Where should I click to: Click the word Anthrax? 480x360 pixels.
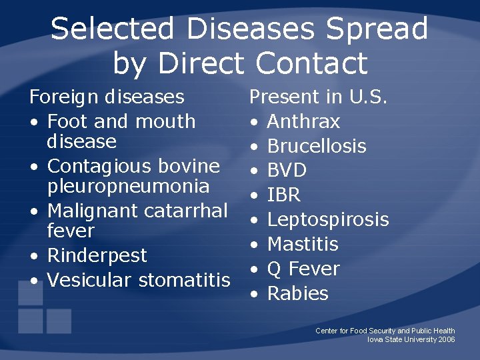[303, 122]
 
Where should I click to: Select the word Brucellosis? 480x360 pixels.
[317, 147]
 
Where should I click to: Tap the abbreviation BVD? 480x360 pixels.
[287, 171]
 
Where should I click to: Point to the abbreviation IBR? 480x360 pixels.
[284, 196]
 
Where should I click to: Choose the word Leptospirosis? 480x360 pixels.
[328, 220]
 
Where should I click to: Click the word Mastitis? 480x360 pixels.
[303, 245]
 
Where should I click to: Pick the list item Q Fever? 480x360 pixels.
[303, 269]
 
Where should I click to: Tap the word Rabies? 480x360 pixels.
[297, 294]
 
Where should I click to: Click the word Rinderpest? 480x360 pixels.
[97, 256]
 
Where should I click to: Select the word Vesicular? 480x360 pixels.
[90, 280]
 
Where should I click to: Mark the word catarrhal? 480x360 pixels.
[187, 211]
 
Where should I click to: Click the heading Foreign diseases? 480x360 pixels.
[107, 97]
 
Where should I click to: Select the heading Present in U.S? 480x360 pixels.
[318, 97]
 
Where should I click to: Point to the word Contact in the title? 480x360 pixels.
[311, 64]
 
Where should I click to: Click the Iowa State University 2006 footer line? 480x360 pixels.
[411, 339]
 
